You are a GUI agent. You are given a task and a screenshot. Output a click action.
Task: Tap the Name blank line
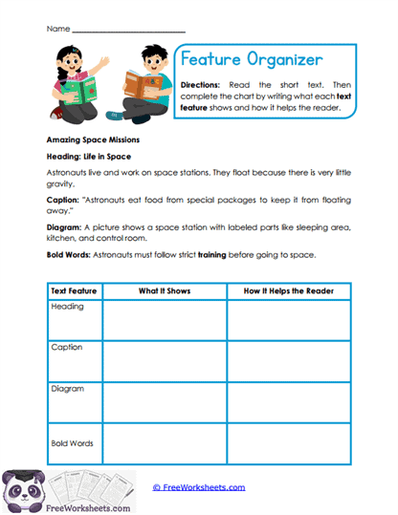tap(129, 31)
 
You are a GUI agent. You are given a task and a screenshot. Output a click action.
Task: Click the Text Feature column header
tap(74, 290)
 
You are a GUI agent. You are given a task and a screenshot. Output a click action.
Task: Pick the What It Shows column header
tap(164, 290)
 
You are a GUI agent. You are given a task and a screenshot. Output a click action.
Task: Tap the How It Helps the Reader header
tap(289, 290)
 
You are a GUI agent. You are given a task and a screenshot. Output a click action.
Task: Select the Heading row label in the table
tap(68, 307)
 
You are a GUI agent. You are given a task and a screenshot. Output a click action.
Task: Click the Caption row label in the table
tap(68, 348)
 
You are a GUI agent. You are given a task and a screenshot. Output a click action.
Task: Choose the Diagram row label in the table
tap(69, 389)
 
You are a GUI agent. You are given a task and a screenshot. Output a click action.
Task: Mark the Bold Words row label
tap(73, 444)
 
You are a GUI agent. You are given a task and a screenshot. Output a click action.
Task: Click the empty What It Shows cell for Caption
tap(164, 361)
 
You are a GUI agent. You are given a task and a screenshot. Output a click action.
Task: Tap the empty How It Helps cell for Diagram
tap(289, 402)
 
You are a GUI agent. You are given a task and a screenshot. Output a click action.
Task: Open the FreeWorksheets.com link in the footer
tap(199, 487)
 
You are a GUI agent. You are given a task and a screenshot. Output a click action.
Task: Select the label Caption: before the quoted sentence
tap(62, 200)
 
